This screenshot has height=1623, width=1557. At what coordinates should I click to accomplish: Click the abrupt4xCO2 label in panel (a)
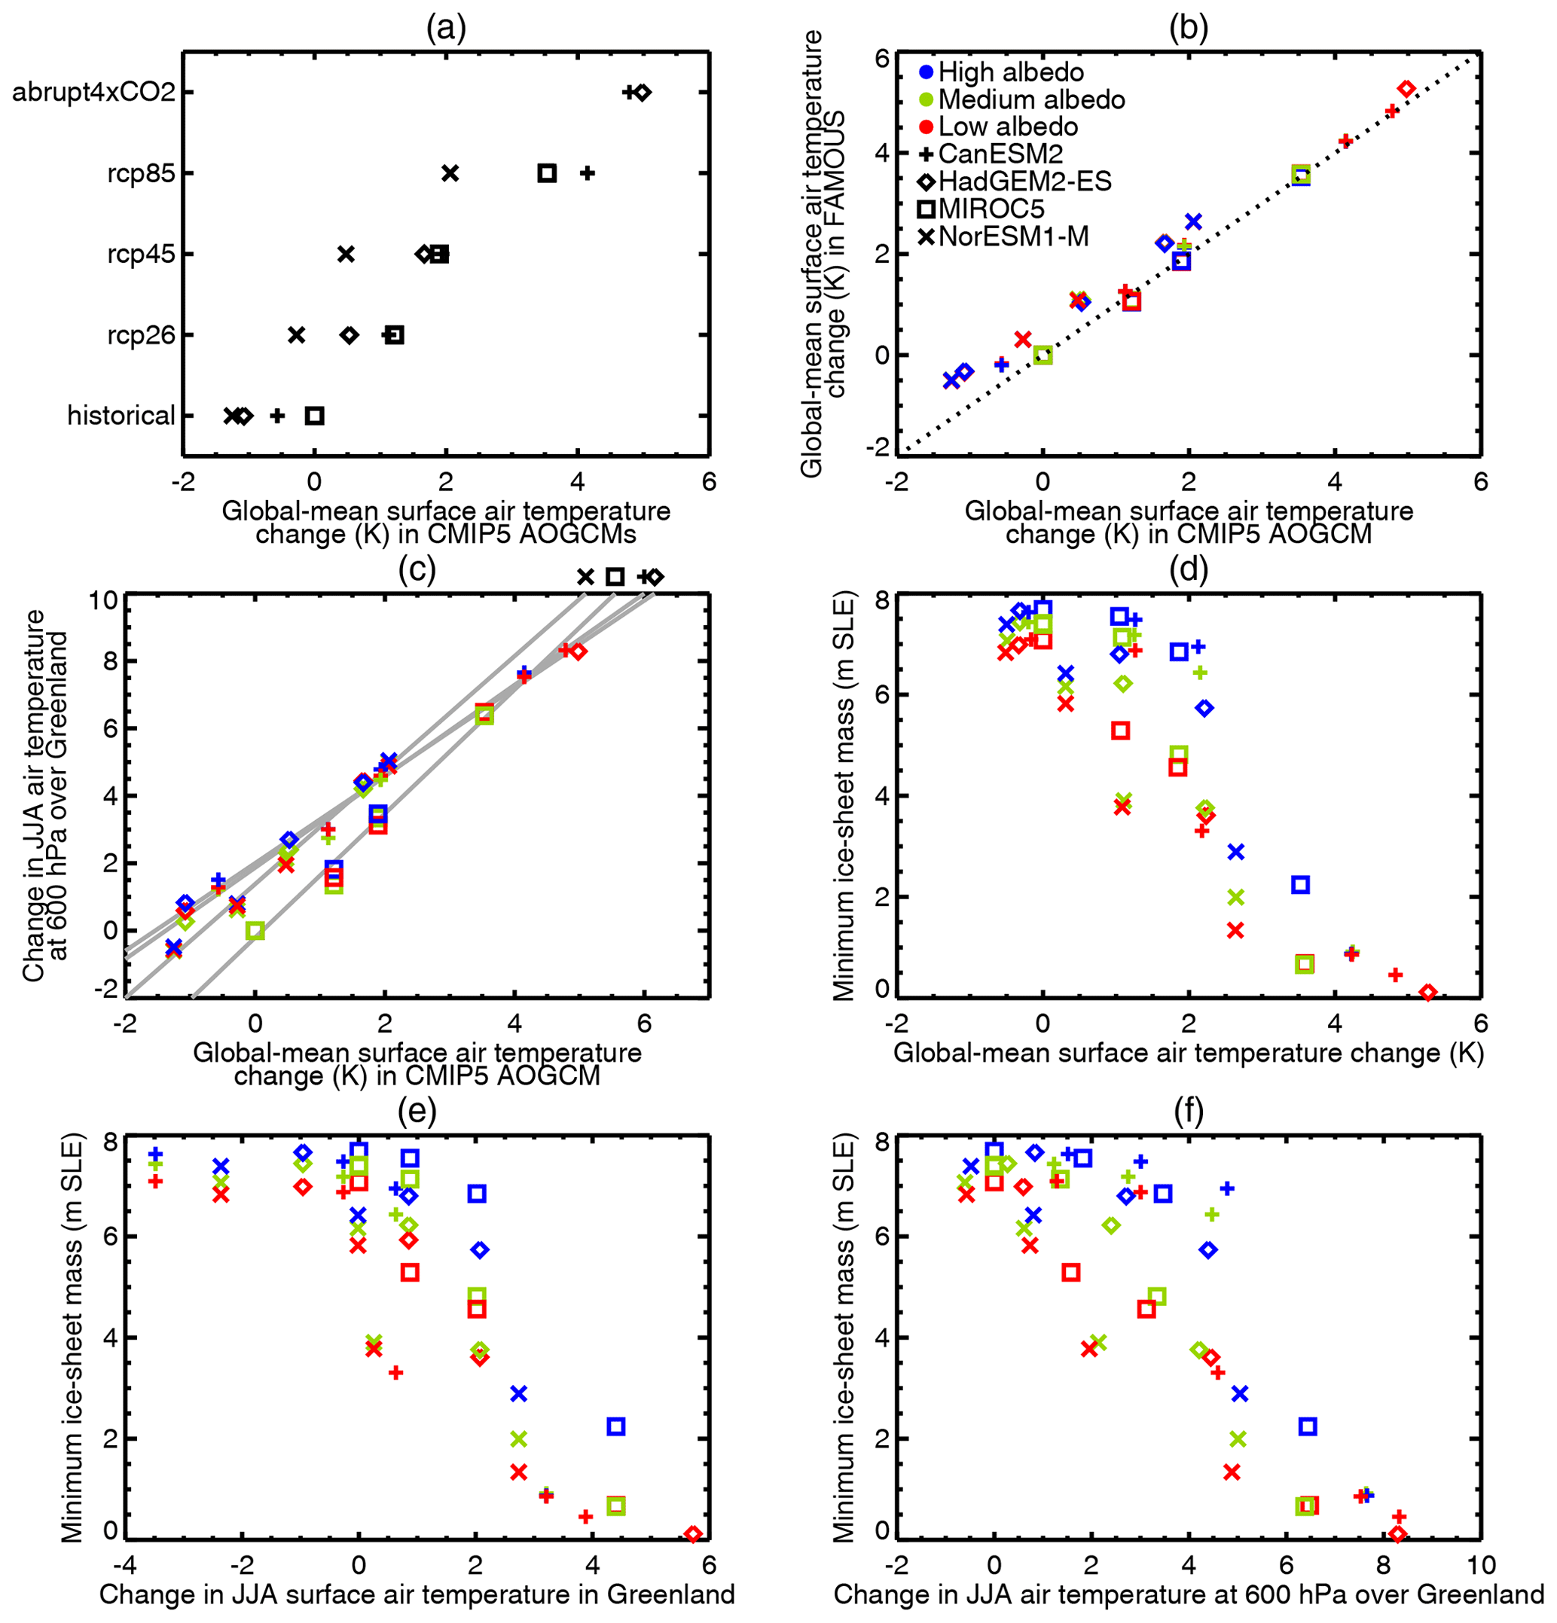point(93,92)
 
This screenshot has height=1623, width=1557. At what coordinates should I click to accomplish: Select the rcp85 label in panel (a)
point(141,173)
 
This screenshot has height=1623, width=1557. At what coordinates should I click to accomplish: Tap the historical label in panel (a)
point(121,416)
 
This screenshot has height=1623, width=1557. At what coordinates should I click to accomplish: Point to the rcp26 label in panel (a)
point(141,335)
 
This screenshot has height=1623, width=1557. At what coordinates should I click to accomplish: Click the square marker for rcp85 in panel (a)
point(547,173)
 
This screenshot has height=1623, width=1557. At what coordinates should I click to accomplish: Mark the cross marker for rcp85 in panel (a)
point(450,173)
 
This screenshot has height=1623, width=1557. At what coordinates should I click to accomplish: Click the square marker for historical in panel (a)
point(315,416)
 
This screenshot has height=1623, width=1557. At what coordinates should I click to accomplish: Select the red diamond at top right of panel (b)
point(1406,89)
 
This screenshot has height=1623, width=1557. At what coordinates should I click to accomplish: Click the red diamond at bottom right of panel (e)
point(693,1534)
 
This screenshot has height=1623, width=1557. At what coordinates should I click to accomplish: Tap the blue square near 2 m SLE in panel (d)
point(1301,885)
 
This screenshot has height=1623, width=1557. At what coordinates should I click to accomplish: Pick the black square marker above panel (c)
point(615,577)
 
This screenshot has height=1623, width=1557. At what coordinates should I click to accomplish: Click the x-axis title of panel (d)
point(1189,1054)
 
